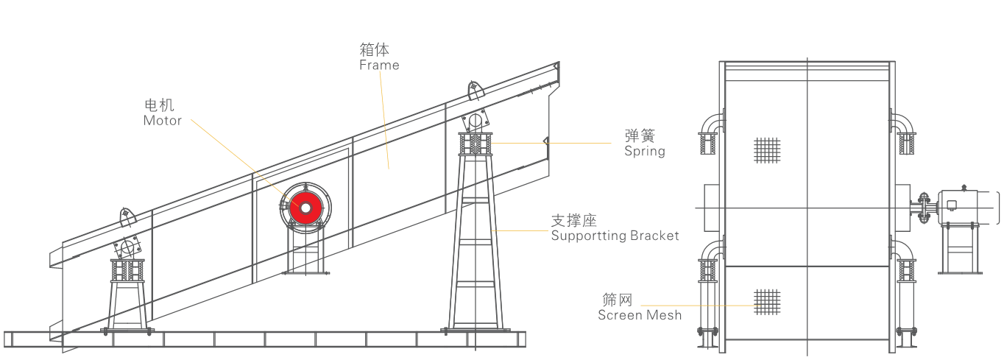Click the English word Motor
[163, 121]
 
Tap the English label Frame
[379, 65]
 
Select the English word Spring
[645, 151]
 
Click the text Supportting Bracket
[615, 236]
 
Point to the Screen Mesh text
[640, 315]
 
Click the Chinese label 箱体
[374, 49]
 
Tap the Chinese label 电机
[160, 105]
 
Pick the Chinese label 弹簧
[639, 135]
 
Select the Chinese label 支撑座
[573, 220]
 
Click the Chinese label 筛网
[617, 300]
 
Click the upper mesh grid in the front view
[766, 149]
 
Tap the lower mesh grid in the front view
[766, 300]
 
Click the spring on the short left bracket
[127, 271]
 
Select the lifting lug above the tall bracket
[475, 91]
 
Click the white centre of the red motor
[305, 209]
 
